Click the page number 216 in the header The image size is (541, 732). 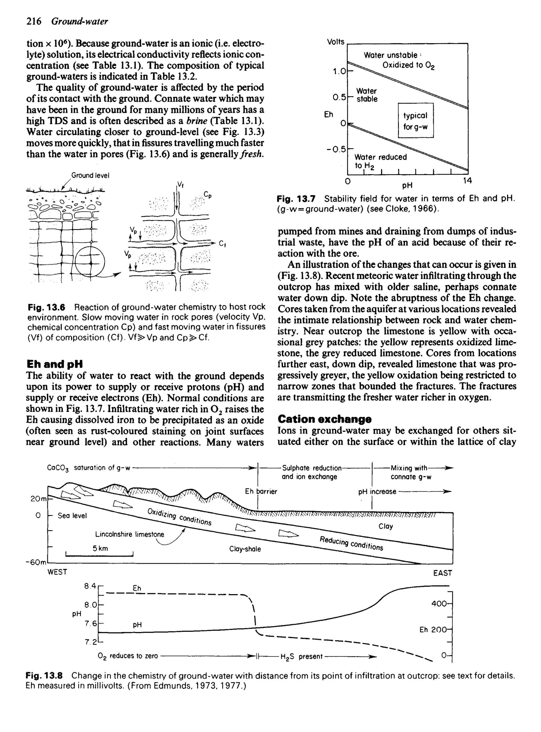tap(34, 21)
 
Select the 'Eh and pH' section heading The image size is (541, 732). tap(54, 364)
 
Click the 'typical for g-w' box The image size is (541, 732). tap(415, 121)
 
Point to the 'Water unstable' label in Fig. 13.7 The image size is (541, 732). tap(390, 55)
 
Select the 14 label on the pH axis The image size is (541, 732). tap(467, 180)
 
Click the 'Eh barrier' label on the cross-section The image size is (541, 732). tap(261, 491)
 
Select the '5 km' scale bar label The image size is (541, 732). tap(100, 548)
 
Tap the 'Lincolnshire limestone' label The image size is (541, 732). tap(129, 534)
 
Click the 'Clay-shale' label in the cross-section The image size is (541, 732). tap(245, 549)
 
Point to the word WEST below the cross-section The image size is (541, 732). tap(57, 572)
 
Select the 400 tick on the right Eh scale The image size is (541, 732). tap(439, 604)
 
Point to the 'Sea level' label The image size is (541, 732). tap(72, 516)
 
